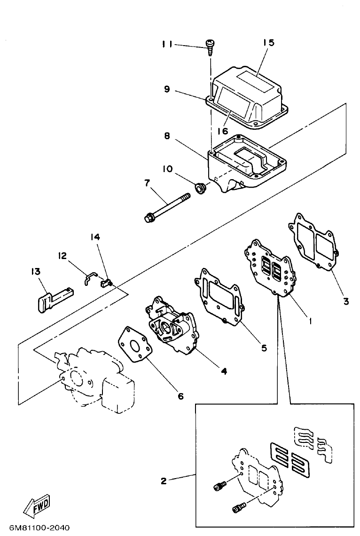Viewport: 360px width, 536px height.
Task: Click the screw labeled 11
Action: click(209, 47)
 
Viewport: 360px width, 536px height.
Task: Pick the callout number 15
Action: click(268, 43)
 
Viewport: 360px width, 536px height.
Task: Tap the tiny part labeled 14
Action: click(107, 282)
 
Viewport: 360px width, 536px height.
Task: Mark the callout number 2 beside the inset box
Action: click(164, 481)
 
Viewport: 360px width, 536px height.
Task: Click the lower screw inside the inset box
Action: click(238, 508)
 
